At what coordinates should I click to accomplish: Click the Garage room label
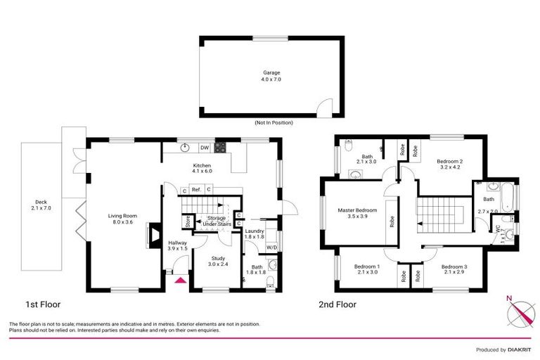(271, 72)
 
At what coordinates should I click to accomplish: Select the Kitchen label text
(202, 167)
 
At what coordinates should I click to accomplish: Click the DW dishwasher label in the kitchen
(204, 148)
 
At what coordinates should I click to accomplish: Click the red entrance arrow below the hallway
(180, 280)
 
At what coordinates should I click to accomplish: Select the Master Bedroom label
(357, 210)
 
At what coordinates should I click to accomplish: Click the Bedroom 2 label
(449, 161)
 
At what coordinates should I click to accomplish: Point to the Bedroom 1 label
(366, 266)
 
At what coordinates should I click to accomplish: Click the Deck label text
(41, 204)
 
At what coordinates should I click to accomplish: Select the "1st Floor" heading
(44, 305)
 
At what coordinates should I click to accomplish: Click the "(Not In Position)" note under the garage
(274, 122)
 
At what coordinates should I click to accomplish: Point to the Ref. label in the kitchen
(196, 190)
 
